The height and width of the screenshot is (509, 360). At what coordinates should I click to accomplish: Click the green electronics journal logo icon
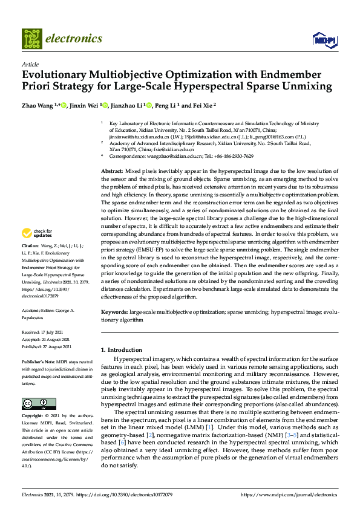point(31,39)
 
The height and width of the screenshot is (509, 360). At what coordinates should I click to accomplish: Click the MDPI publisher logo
point(324,40)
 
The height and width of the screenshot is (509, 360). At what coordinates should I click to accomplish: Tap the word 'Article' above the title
point(30,64)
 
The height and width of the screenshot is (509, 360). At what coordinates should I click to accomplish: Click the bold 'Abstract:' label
point(112,172)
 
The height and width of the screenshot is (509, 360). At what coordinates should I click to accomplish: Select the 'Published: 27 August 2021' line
point(47,346)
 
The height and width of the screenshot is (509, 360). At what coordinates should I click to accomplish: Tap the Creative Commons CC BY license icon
point(35,403)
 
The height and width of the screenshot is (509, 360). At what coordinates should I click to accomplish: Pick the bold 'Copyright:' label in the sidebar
point(33,417)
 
